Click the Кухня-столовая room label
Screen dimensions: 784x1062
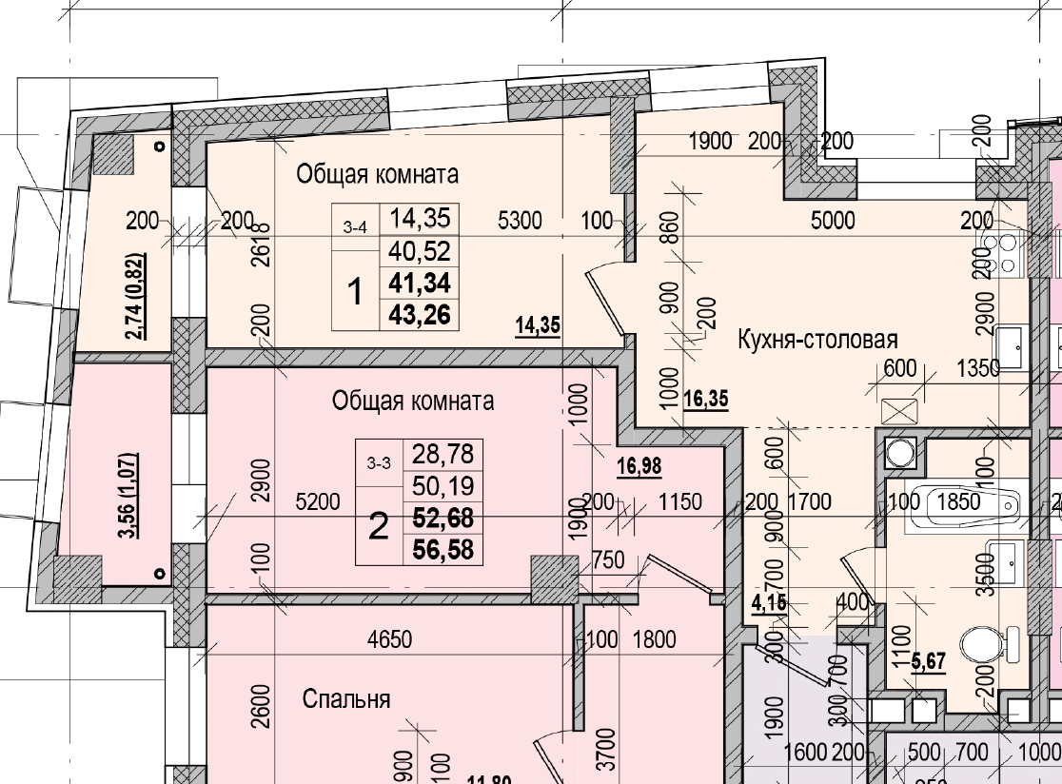coord(817,339)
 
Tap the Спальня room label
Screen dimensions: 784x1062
coord(346,699)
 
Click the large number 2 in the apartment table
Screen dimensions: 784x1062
coord(378,526)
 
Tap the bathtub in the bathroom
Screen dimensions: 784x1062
coord(955,503)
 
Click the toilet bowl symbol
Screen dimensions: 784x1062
coord(981,646)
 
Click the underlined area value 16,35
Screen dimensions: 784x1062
coord(705,400)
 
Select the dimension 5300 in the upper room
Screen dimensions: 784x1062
coord(520,222)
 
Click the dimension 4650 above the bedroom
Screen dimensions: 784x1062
coord(389,639)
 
